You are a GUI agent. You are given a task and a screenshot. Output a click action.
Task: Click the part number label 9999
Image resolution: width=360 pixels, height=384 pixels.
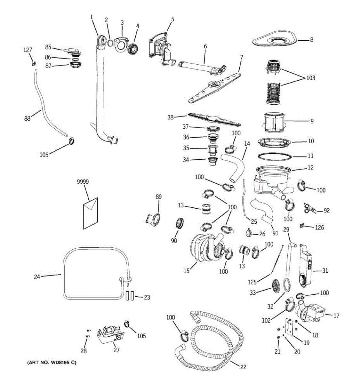(83, 182)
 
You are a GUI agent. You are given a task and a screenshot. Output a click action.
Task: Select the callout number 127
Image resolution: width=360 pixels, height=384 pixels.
(28, 50)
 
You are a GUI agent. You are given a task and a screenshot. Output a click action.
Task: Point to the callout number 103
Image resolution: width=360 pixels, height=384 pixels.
(310, 78)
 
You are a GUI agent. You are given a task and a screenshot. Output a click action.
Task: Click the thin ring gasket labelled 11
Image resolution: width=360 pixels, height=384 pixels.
(275, 156)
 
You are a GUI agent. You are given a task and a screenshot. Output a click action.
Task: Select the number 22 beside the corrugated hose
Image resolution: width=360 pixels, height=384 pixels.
(243, 367)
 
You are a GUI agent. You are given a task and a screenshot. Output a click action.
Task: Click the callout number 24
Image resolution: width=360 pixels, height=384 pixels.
(37, 277)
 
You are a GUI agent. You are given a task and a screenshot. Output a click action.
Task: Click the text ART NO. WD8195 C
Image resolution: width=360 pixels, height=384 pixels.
(51, 363)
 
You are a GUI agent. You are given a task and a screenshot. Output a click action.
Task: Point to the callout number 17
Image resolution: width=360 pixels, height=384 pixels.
(336, 316)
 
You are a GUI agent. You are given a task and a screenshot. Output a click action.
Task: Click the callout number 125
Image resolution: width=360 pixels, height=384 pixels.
(252, 282)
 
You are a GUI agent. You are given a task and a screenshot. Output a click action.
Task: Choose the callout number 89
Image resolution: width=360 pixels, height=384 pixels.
(158, 197)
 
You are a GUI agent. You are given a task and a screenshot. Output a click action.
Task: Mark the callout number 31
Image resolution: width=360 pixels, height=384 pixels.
(325, 271)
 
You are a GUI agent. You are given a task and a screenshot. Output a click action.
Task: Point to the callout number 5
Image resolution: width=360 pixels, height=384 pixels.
(172, 19)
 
